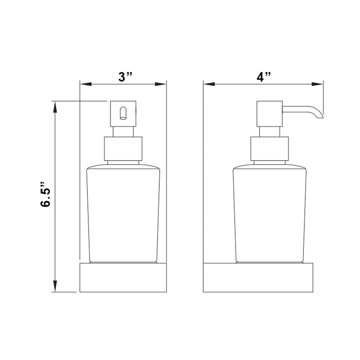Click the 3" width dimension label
click(x=123, y=76)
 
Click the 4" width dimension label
click(x=263, y=76)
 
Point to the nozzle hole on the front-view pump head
click(x=122, y=113)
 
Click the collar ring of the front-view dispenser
click(x=123, y=148)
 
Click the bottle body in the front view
click(x=123, y=214)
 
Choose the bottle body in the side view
click(x=270, y=214)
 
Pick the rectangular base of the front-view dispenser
click(x=123, y=277)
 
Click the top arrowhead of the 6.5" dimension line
click(x=55, y=106)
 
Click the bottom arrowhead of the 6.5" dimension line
click(x=55, y=287)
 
